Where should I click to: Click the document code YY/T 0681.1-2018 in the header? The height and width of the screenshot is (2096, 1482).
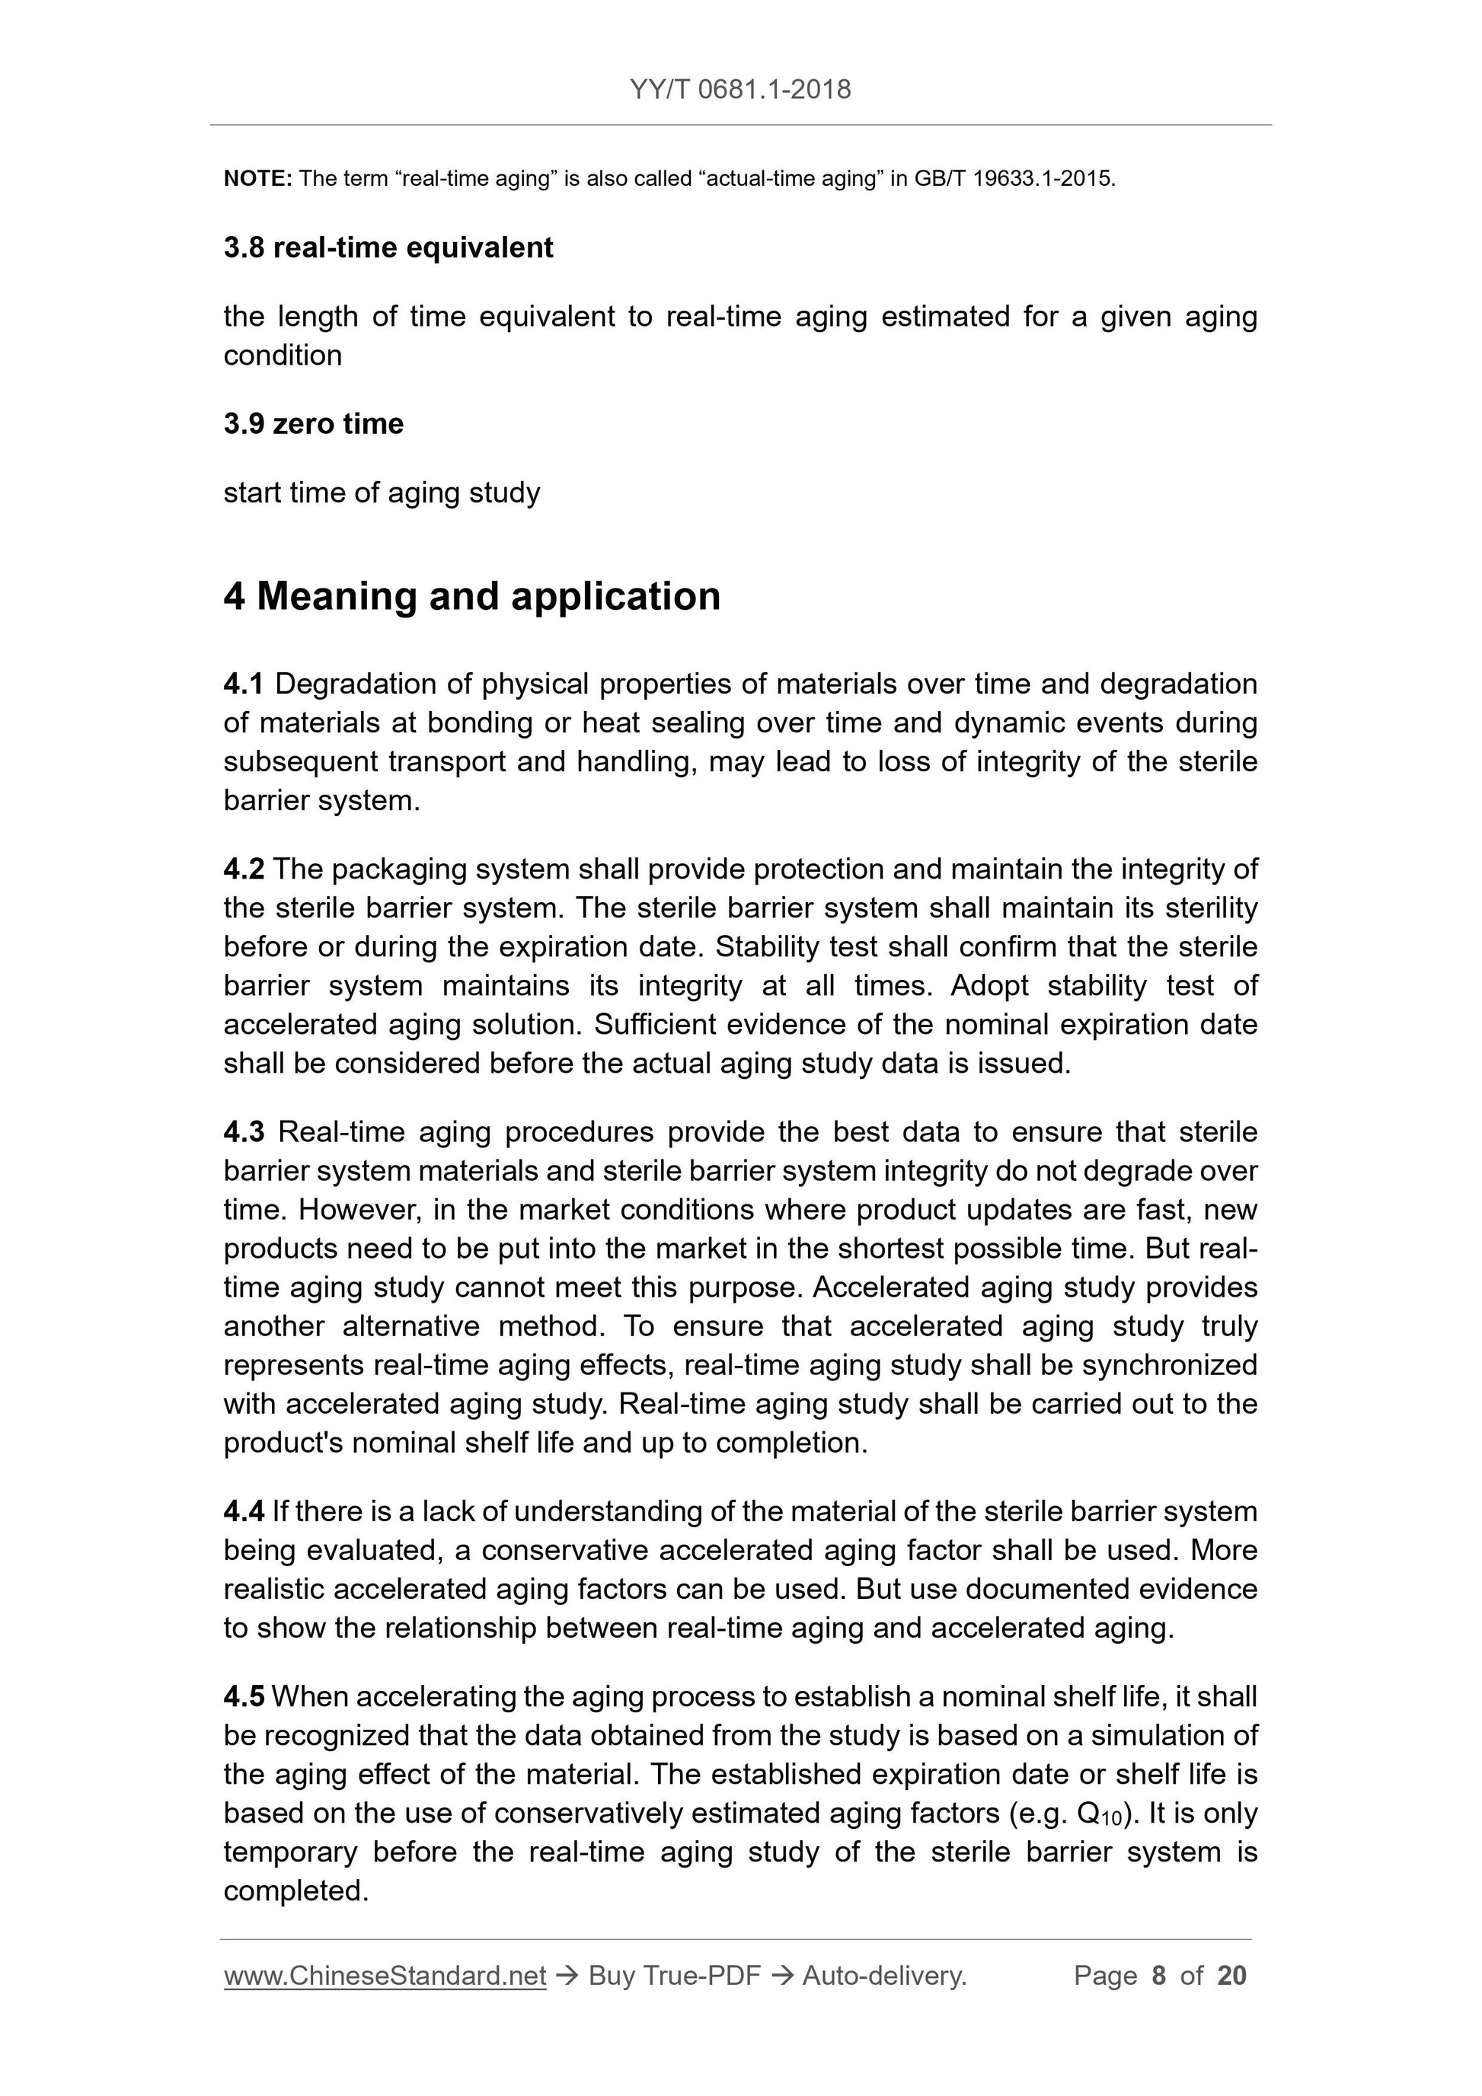tap(739, 90)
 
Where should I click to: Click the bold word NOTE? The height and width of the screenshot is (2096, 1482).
tap(257, 179)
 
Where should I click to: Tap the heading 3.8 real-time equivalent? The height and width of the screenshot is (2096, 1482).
tap(388, 248)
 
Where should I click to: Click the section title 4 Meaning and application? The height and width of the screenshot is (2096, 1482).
tap(472, 596)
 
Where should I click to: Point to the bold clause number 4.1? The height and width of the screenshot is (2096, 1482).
tap(243, 684)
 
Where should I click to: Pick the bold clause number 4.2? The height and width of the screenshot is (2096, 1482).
tap(243, 869)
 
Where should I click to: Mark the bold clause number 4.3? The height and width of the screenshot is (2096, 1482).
tap(244, 1132)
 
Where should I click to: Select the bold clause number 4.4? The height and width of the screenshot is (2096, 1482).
tap(243, 1512)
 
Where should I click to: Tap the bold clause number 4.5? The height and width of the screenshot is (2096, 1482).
tap(243, 1697)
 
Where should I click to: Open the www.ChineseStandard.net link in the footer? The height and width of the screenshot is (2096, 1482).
tap(385, 1976)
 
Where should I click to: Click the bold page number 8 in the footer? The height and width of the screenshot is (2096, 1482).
tap(1159, 1976)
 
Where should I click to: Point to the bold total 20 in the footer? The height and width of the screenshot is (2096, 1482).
tap(1231, 1976)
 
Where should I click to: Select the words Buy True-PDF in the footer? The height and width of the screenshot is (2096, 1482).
tap(674, 1976)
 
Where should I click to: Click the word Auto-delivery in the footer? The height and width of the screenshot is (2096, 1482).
tap(883, 1976)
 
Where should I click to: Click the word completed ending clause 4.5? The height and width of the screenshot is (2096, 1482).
tap(295, 1891)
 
